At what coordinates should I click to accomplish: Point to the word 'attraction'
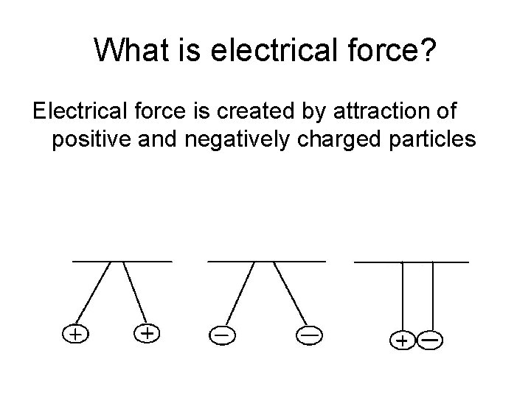coord(378,112)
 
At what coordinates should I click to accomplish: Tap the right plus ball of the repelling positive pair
coord(147,333)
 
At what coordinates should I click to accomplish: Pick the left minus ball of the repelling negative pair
coord(221,335)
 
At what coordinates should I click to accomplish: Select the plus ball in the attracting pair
coord(402,341)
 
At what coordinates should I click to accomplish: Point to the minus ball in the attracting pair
coord(430,341)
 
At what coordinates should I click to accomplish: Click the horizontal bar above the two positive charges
coord(122,261)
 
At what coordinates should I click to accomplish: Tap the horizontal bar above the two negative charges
coord(266,261)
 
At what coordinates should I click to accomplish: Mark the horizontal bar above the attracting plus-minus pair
coord(412,261)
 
